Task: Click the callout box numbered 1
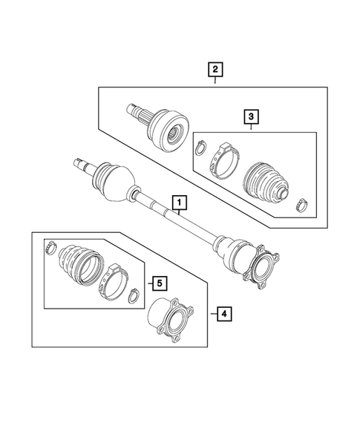(x=179, y=201)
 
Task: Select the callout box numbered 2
(x=215, y=70)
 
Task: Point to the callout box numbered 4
(x=223, y=315)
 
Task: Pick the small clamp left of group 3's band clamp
(x=200, y=151)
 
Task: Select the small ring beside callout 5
(x=134, y=297)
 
